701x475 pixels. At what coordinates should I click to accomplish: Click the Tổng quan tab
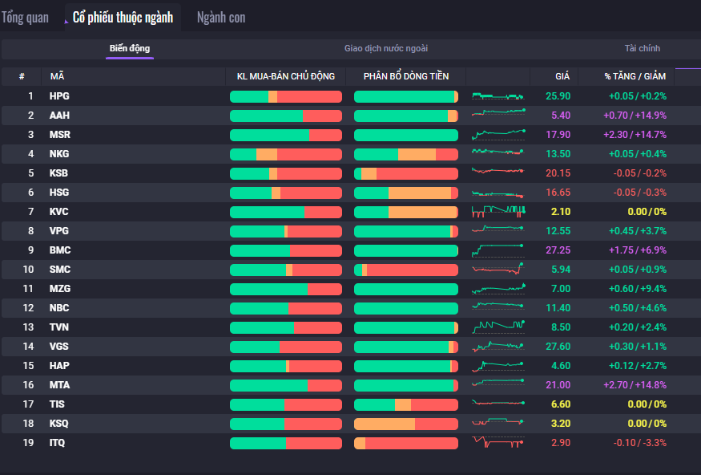[x=25, y=17]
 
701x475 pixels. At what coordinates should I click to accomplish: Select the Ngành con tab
[x=221, y=17]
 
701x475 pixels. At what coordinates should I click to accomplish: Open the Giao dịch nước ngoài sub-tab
[x=386, y=48]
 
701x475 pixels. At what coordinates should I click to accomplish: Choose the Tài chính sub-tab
[x=643, y=48]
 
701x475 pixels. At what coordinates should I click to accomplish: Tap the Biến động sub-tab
[x=130, y=48]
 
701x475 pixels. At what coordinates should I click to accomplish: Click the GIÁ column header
[x=562, y=76]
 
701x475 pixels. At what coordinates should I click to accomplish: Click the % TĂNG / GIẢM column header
[x=635, y=76]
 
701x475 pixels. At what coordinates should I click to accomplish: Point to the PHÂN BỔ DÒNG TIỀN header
[x=405, y=76]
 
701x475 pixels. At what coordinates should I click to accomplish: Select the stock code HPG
[x=60, y=96]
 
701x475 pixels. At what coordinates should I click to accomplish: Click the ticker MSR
[x=60, y=135]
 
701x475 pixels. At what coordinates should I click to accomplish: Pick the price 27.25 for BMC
[x=558, y=250]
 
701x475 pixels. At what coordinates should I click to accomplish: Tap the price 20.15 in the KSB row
[x=558, y=173]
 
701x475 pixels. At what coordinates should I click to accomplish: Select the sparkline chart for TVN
[x=498, y=327]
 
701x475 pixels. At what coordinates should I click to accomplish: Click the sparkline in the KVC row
[x=498, y=212]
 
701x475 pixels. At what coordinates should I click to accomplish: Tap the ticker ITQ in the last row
[x=58, y=443]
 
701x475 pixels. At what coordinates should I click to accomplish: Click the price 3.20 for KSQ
[x=561, y=424]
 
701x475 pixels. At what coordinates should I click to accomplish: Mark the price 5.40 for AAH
[x=561, y=116]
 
